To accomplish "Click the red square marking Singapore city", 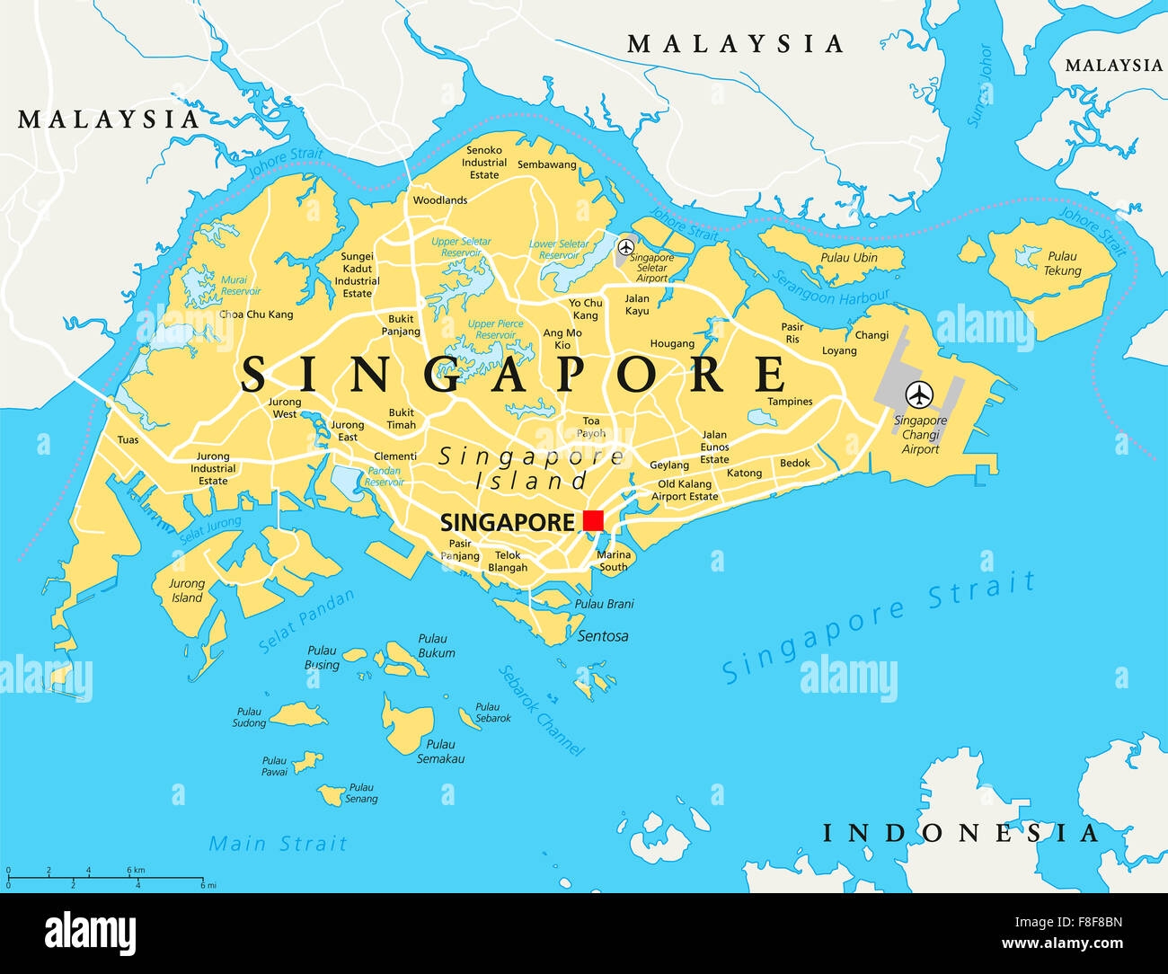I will click(593, 520).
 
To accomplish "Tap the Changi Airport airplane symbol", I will click(918, 394).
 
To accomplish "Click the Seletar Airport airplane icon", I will click(626, 246).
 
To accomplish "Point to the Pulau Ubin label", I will click(848, 258).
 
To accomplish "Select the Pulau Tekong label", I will click(1062, 263).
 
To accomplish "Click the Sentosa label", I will click(603, 636).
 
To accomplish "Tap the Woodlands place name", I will click(440, 200).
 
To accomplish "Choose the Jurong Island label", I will click(187, 590).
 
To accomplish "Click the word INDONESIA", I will click(960, 833).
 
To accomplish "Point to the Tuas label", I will click(128, 440).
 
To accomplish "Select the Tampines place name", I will click(790, 402).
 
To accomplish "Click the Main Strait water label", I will click(278, 844).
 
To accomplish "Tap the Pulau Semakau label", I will click(440, 751).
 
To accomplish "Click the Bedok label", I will click(795, 464).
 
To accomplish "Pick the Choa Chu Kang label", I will click(256, 314).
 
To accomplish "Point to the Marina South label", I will click(614, 561).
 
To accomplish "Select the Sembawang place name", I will click(547, 165).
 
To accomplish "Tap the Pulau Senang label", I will click(361, 793).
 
